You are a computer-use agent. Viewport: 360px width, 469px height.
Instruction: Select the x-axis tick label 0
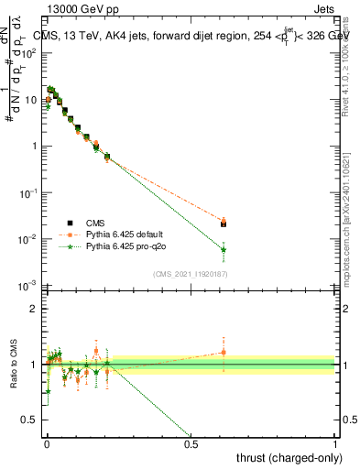(47, 445)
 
